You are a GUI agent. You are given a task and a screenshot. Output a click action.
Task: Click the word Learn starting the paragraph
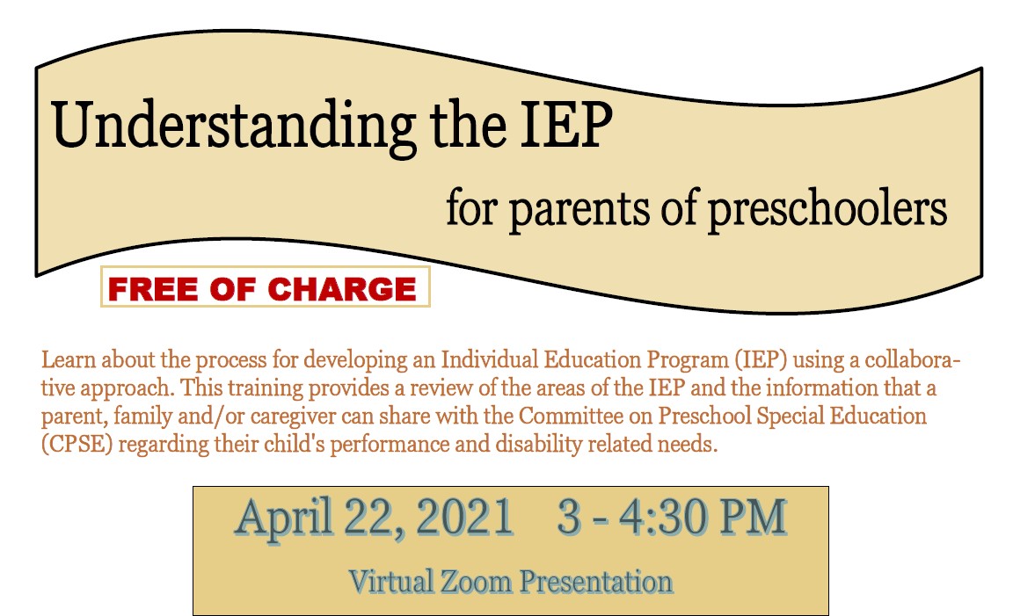(63, 360)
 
